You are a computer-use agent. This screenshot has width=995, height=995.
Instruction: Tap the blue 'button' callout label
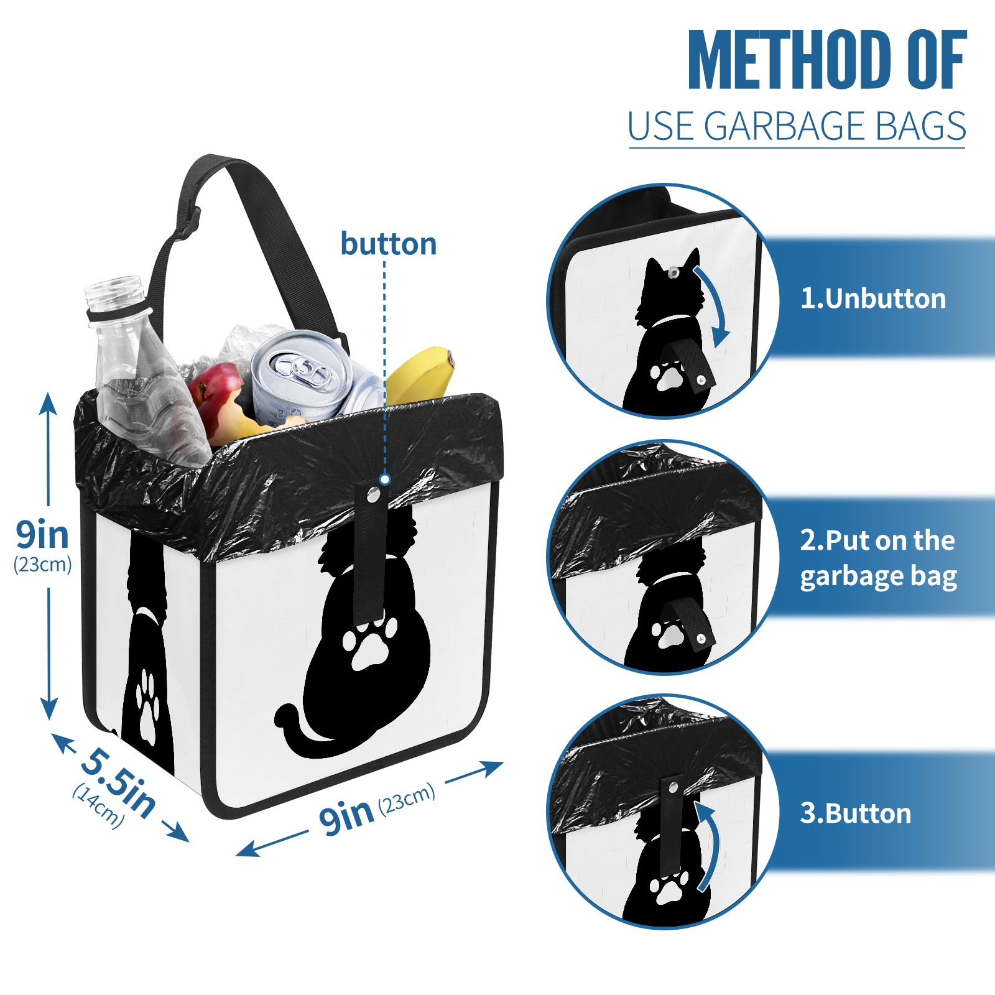pos(389,244)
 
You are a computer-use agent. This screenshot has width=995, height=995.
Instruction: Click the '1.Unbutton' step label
pos(872,298)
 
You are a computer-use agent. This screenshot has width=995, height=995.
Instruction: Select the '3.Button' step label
pos(855,813)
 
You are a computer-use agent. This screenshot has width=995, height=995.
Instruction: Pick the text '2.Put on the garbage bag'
pos(878,558)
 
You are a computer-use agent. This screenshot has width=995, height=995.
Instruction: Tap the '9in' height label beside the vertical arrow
pos(42,535)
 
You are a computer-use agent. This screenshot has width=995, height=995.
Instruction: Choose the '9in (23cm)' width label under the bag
pos(377,809)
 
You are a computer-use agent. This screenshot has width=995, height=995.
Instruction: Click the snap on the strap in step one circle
pos(701,379)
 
